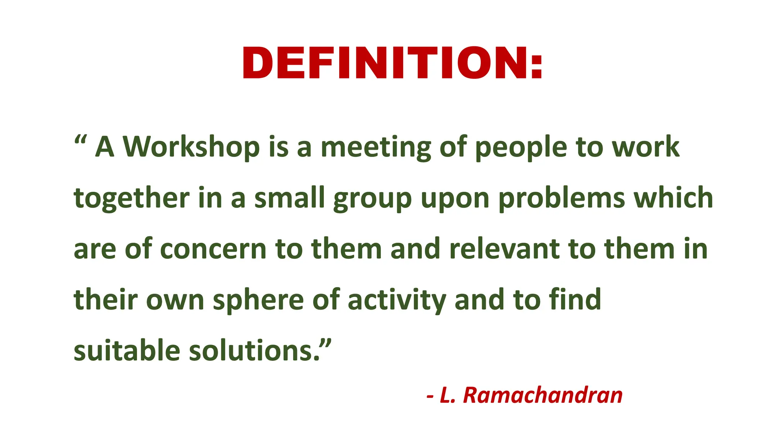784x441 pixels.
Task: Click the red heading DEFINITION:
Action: [392, 63]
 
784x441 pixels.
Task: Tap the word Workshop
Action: [191, 147]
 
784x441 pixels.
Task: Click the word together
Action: [131, 199]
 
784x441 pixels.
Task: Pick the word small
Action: [289, 198]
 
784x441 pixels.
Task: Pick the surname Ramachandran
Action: [543, 395]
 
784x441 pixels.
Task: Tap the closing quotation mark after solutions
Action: [325, 343]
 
